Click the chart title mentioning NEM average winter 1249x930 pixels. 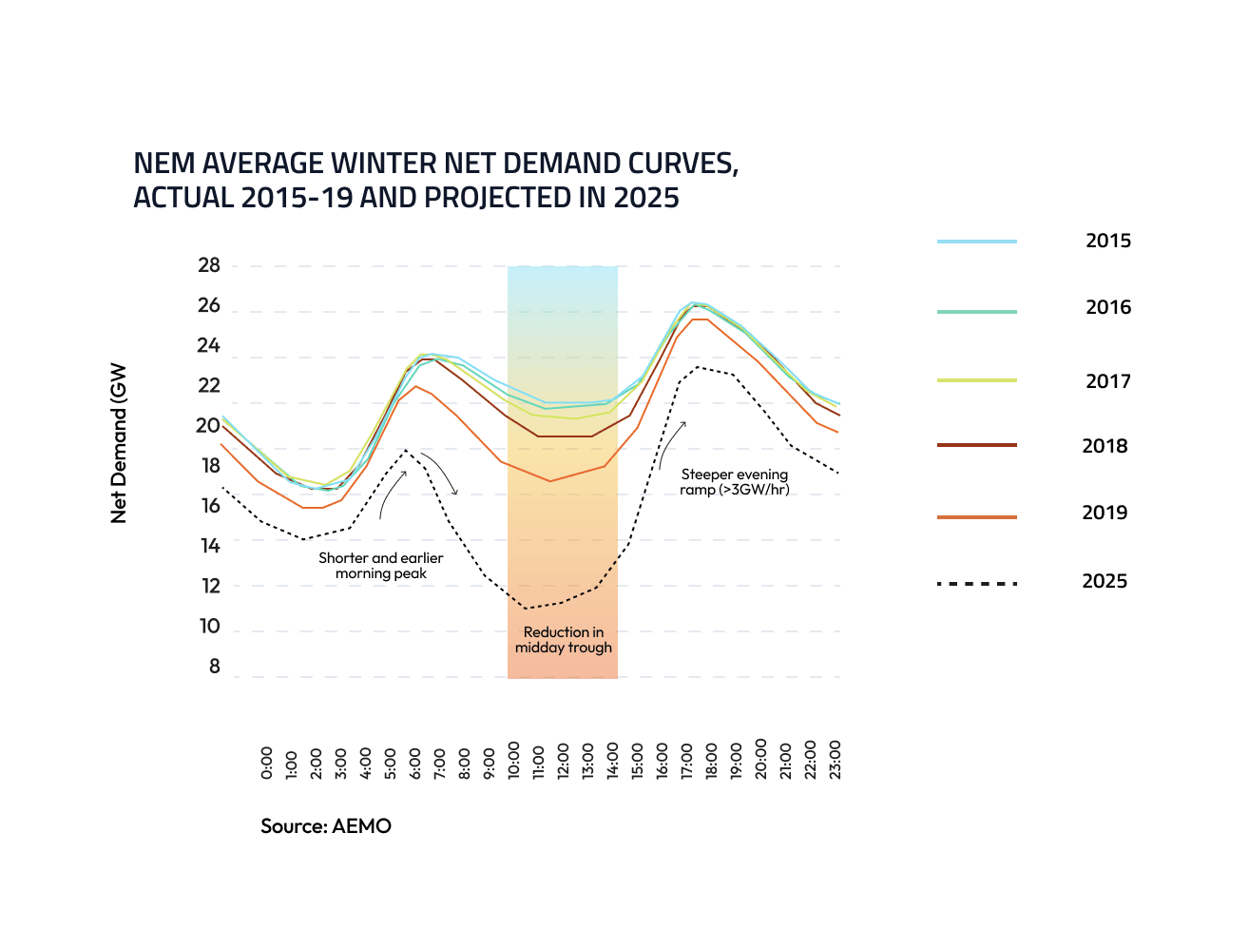[x=435, y=181]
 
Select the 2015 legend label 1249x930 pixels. [x=1108, y=241]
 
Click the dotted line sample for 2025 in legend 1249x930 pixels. [x=976, y=583]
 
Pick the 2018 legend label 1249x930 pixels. [x=1105, y=446]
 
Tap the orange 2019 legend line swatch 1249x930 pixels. [x=976, y=516]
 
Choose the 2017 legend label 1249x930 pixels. [x=1108, y=381]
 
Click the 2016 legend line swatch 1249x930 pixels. [x=976, y=311]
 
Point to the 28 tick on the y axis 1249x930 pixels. [x=209, y=265]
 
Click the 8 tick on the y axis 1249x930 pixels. [x=214, y=667]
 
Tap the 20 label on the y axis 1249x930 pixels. [x=208, y=426]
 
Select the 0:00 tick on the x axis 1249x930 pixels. [x=266, y=763]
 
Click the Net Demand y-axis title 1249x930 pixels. [x=119, y=443]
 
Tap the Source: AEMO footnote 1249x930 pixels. [x=326, y=826]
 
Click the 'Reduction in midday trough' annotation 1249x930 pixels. [x=564, y=640]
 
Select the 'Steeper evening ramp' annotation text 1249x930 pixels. [x=735, y=482]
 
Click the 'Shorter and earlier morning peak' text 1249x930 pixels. [x=380, y=566]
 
